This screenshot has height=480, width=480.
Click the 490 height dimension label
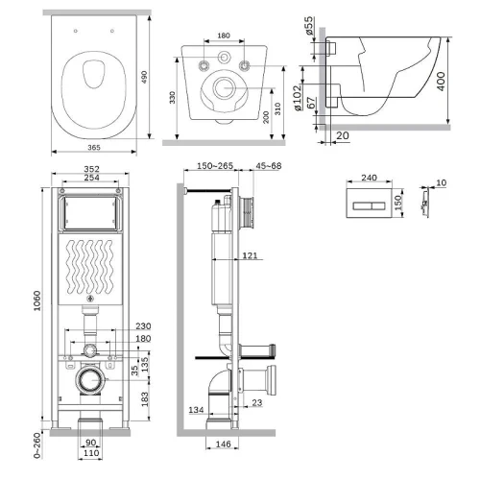pos(144,77)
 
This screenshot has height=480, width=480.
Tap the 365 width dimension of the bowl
pos(94,147)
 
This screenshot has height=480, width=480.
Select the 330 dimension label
pos(173,97)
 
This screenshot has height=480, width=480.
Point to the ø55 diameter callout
pos(309,25)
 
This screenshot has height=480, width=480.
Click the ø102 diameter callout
pos(297,98)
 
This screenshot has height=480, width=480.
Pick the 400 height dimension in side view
pos(441,82)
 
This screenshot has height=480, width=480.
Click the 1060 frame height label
pos(37,300)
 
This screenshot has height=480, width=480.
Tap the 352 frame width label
pos(91,169)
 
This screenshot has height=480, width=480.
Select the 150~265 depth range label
pos(215,166)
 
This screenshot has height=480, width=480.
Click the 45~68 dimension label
pos(269,166)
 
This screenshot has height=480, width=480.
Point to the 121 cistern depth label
pos(250,255)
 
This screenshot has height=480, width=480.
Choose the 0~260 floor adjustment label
pos(37,445)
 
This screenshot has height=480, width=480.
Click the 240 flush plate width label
pos(369,178)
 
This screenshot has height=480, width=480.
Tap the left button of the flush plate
pos(362,205)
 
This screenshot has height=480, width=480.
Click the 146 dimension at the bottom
pos(223,444)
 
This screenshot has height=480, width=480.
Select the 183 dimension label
pos(145,399)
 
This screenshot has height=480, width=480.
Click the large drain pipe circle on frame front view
pos(91,380)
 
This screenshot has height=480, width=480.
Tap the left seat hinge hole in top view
pos(76,31)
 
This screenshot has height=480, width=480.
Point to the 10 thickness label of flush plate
pos(441,182)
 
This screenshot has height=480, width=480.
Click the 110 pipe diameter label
pos(91,453)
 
